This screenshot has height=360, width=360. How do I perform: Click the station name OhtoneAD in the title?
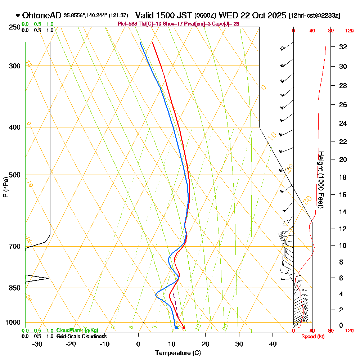point(42,15)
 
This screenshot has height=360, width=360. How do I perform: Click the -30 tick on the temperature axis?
point(37,344)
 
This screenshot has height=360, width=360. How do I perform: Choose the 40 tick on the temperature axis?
point(273,344)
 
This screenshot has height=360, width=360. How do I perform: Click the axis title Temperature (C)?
point(178,353)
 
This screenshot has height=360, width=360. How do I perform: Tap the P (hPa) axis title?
point(5,187)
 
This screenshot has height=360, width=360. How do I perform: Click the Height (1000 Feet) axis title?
point(320,179)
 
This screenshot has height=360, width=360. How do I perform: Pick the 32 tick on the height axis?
point(343,47)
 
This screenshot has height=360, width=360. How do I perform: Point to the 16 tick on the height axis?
point(343,195)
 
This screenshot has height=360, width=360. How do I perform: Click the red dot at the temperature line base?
point(184,327)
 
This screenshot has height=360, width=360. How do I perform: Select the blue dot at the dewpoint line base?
point(176,327)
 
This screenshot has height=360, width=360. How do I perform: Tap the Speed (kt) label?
point(312,336)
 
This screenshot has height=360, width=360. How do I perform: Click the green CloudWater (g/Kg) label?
point(77,330)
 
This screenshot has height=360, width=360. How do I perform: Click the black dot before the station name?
point(18,15)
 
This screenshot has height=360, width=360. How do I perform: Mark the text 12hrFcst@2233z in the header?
point(314,16)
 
